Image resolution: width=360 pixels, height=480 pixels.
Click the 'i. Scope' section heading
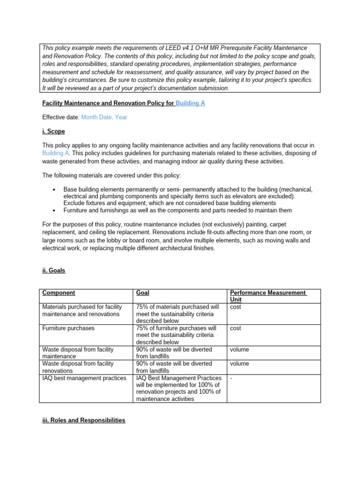coord(53,132)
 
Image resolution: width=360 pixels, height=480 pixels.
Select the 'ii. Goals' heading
coord(54,270)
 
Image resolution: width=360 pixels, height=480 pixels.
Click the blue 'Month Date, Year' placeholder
coord(104,118)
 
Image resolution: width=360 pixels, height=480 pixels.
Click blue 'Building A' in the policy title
coord(190,103)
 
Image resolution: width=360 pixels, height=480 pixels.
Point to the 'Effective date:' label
coord(61,118)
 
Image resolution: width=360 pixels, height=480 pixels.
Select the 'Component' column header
coord(58,293)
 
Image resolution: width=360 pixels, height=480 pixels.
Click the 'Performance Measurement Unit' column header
coord(268,296)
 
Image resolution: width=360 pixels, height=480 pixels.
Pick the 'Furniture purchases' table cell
coord(68,328)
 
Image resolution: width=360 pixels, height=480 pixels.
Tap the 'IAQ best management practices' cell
coord(84,377)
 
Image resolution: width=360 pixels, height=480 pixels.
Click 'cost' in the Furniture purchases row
coord(235,328)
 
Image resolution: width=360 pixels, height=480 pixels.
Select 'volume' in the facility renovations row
coord(240,363)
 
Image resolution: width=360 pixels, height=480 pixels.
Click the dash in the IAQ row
coord(231,377)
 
